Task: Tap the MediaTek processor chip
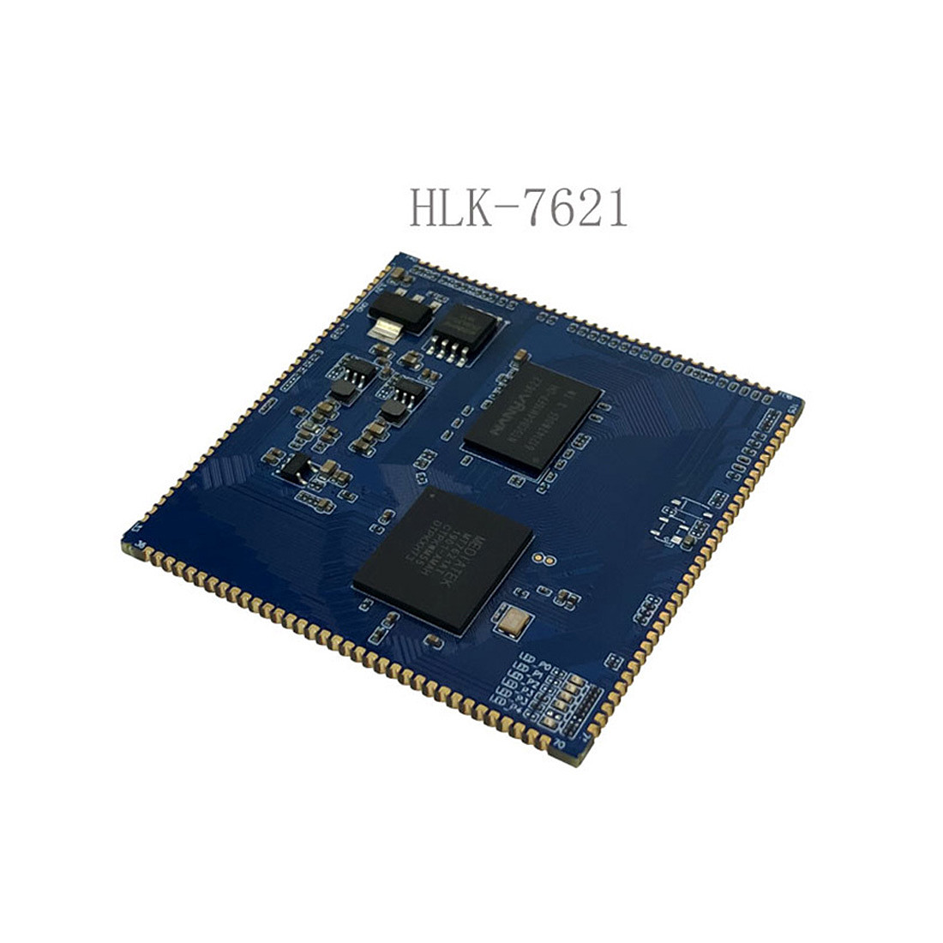coord(443,561)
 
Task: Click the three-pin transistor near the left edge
coord(297,467)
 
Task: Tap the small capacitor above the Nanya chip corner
coord(520,353)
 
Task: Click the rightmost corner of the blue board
coord(802,403)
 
